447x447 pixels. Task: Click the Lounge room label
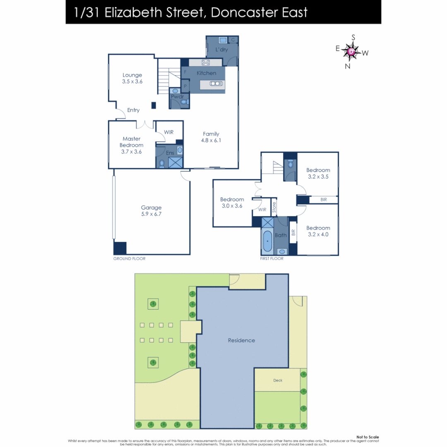click(x=132, y=78)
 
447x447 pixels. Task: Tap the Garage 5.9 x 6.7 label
click(x=151, y=211)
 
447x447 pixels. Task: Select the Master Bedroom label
click(x=132, y=145)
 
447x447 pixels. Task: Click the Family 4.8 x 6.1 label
click(x=211, y=137)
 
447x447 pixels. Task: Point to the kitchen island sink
click(x=216, y=84)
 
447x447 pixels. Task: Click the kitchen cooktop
click(x=205, y=62)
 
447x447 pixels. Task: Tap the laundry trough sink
click(x=223, y=40)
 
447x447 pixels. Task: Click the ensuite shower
click(x=175, y=162)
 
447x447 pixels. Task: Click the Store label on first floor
click(x=274, y=207)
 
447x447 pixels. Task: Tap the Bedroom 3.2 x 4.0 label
click(x=318, y=231)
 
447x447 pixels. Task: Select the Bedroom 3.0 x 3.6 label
click(x=232, y=202)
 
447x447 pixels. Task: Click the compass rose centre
click(x=351, y=52)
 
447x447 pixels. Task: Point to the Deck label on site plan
click(x=278, y=380)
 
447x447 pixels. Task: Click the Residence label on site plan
click(x=241, y=340)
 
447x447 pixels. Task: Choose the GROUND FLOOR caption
click(x=130, y=259)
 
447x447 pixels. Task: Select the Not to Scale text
click(x=368, y=437)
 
